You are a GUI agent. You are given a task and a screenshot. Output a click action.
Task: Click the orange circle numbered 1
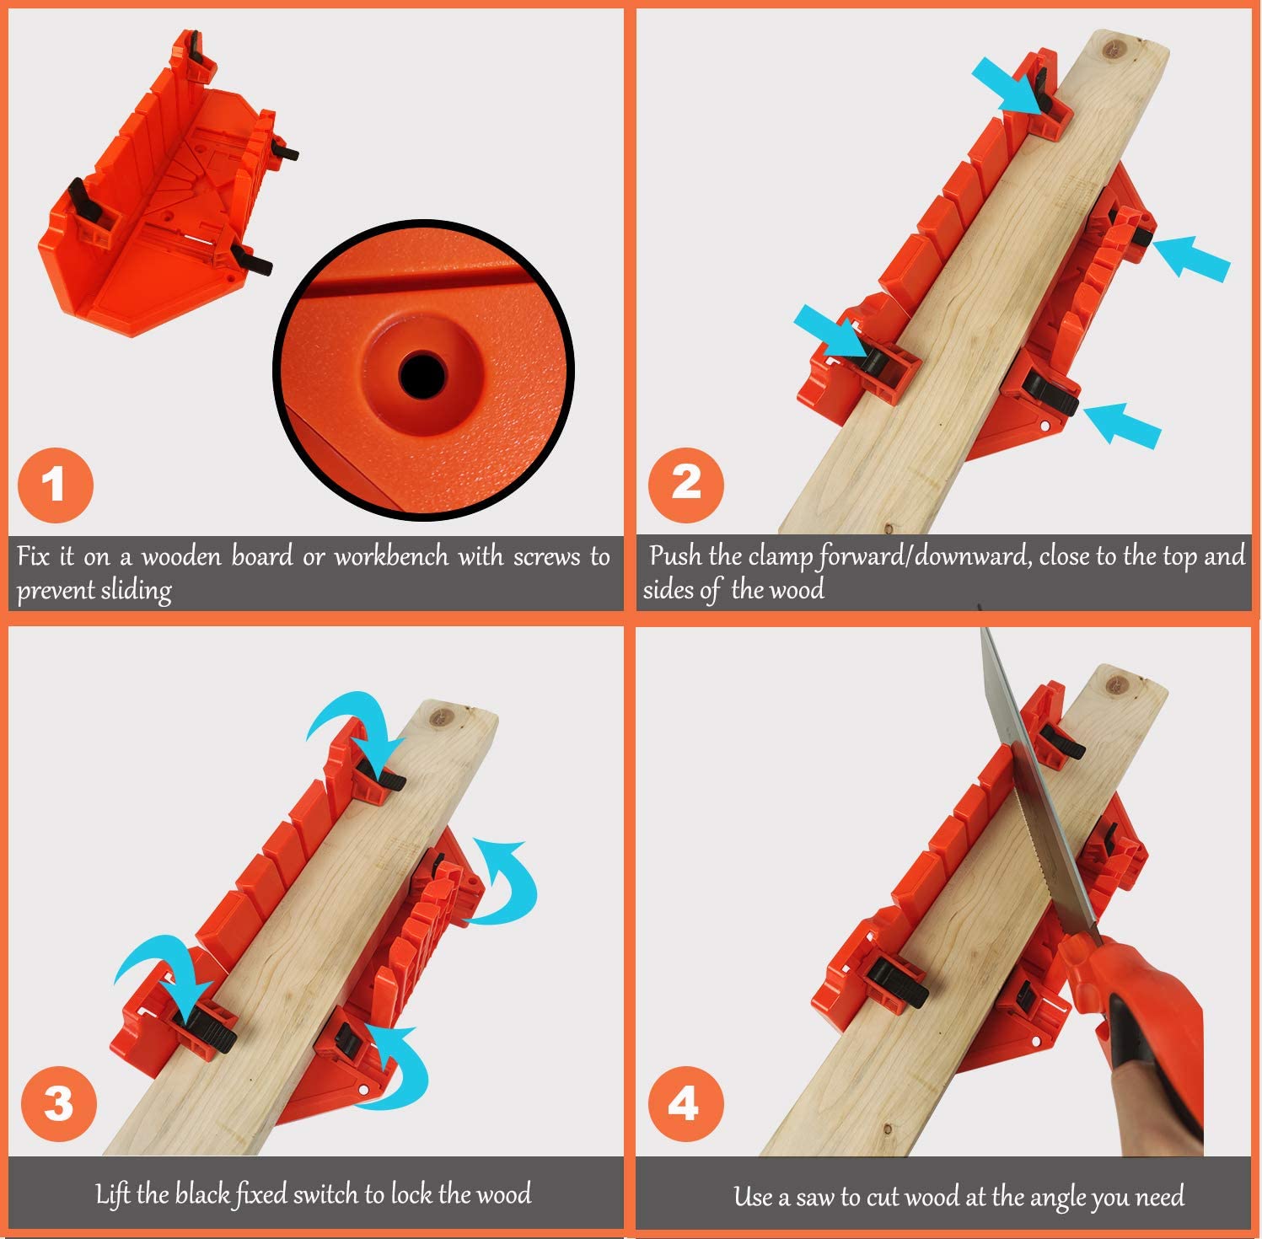coord(55,485)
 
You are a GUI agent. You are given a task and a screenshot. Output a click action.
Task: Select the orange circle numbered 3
coord(58,1103)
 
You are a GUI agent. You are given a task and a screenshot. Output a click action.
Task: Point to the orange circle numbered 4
coord(685,1103)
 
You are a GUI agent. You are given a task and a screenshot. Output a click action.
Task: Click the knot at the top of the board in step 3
coord(439,717)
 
